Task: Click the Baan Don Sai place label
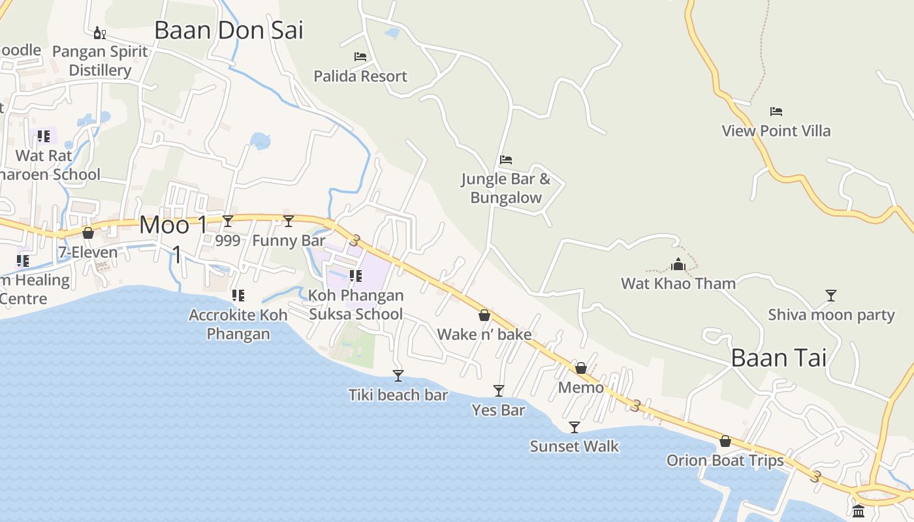[x=229, y=31]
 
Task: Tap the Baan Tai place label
[x=778, y=358]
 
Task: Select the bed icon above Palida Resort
[x=360, y=57]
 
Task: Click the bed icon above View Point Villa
[x=776, y=112]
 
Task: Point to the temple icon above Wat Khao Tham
[x=678, y=264]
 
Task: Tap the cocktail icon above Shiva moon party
[x=830, y=296]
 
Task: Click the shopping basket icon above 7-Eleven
[x=88, y=233]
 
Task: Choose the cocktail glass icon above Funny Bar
[x=289, y=221]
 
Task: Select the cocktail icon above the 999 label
[x=228, y=221]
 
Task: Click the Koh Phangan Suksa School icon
[x=356, y=276]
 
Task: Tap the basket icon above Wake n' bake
[x=484, y=315]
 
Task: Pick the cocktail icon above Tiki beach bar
[x=398, y=376]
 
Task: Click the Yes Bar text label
[x=498, y=410]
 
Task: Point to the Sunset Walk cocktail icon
[x=575, y=427]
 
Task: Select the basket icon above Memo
[x=581, y=368]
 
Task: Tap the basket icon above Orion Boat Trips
[x=725, y=441]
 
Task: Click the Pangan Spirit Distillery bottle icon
[x=99, y=33]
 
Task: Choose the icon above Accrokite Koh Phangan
[x=238, y=296]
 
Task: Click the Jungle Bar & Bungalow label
[x=506, y=188]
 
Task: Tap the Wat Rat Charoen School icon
[x=44, y=136]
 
